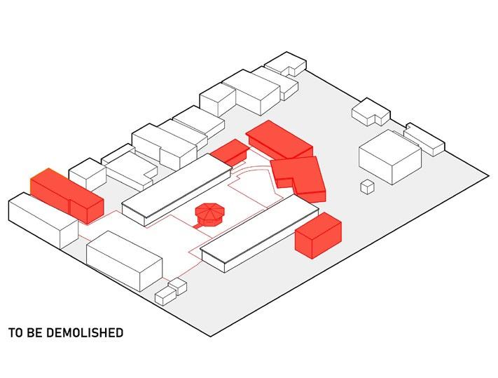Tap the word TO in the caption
[15, 332]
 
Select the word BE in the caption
[34, 332]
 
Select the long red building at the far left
[67, 195]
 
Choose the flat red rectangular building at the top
[279, 138]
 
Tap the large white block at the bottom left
[124, 259]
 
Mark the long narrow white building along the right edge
[424, 139]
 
